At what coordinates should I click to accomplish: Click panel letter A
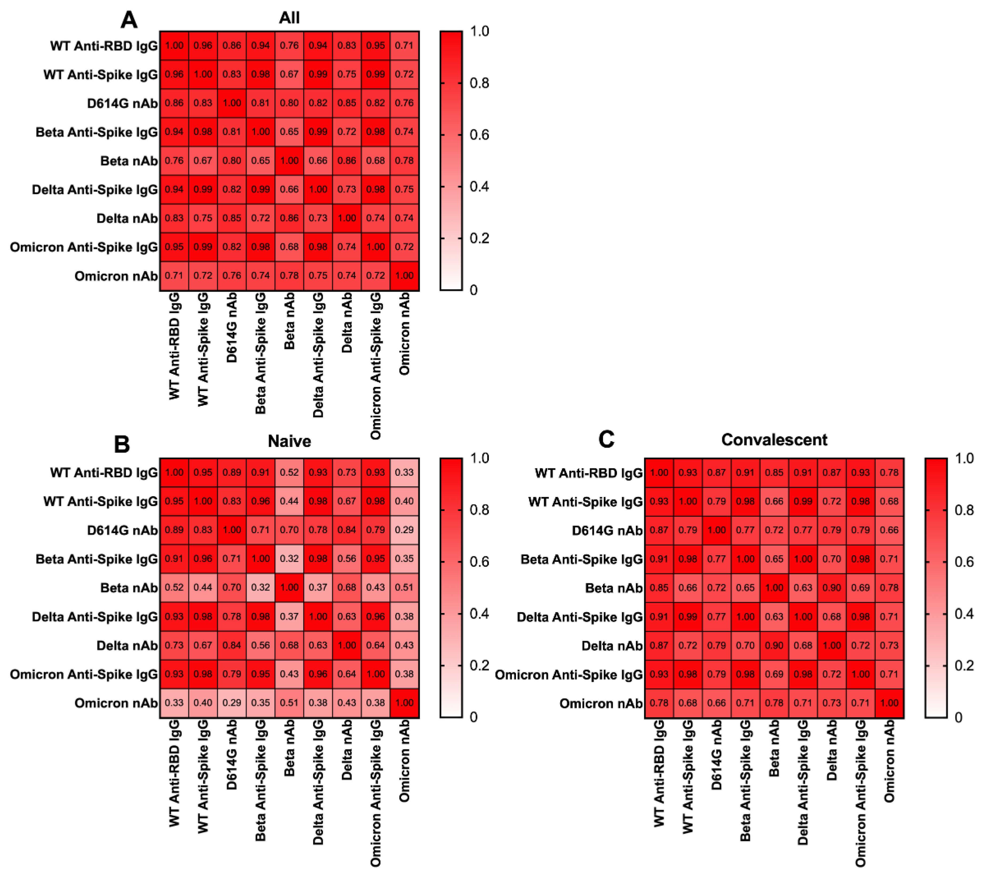tap(129, 20)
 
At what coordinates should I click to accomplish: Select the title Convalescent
tap(774, 440)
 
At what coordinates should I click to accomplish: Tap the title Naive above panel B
tap(289, 441)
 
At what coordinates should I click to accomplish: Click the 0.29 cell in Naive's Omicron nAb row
tap(232, 703)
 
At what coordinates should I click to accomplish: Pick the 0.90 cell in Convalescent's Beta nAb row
tap(832, 587)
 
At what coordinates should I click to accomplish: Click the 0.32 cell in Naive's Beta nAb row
tap(261, 587)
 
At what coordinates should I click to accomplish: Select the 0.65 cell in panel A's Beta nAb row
tap(261, 160)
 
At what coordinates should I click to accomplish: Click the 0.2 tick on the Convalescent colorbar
tap(964, 665)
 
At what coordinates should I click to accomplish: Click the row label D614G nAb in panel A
tap(122, 103)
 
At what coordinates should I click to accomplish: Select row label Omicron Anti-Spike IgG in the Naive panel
tap(84, 674)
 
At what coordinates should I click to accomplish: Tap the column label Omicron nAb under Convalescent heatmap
tap(889, 761)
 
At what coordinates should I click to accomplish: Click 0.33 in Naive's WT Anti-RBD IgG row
tap(404, 472)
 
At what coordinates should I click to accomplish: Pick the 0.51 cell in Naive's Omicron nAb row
tap(289, 703)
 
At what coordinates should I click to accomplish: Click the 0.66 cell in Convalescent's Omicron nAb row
tap(717, 703)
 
